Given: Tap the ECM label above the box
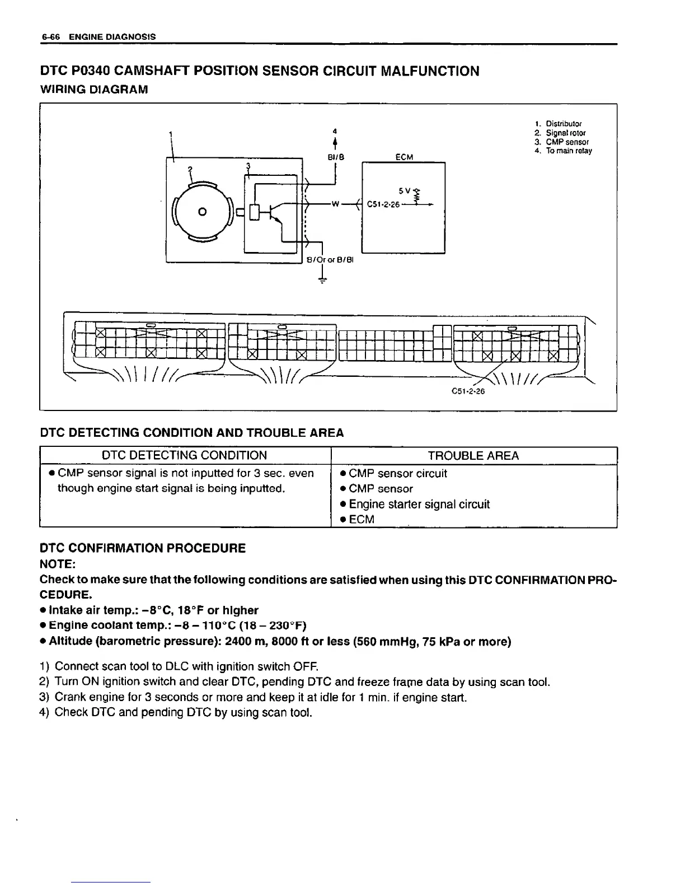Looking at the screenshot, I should coord(404,157).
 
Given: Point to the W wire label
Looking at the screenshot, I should coord(336,204).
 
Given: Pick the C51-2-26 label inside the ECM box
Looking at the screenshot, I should coord(383,204).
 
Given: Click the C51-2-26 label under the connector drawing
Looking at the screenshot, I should coord(467,391).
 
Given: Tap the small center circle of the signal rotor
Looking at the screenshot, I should coord(203,211).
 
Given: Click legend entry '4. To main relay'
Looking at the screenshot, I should coord(562,151).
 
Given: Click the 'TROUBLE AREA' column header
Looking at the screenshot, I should coord(473,456).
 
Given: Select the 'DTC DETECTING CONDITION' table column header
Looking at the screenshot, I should coord(185,456).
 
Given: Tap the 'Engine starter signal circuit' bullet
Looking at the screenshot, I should coord(419,504).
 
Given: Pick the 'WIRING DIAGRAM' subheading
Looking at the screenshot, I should coord(94,89).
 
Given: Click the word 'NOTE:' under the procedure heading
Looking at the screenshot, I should coord(58,563).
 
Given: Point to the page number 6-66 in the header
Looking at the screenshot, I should coord(50,37).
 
